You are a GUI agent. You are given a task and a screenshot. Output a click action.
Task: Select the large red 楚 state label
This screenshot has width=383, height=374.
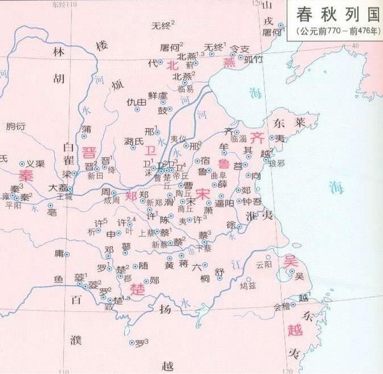137,288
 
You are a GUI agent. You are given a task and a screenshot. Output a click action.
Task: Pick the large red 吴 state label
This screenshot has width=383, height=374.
290,261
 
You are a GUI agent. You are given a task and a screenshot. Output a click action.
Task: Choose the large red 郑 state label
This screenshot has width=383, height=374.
130,197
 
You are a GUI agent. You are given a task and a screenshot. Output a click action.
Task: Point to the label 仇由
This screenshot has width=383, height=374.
136,102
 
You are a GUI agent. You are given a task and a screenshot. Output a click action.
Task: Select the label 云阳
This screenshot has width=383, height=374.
263,264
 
